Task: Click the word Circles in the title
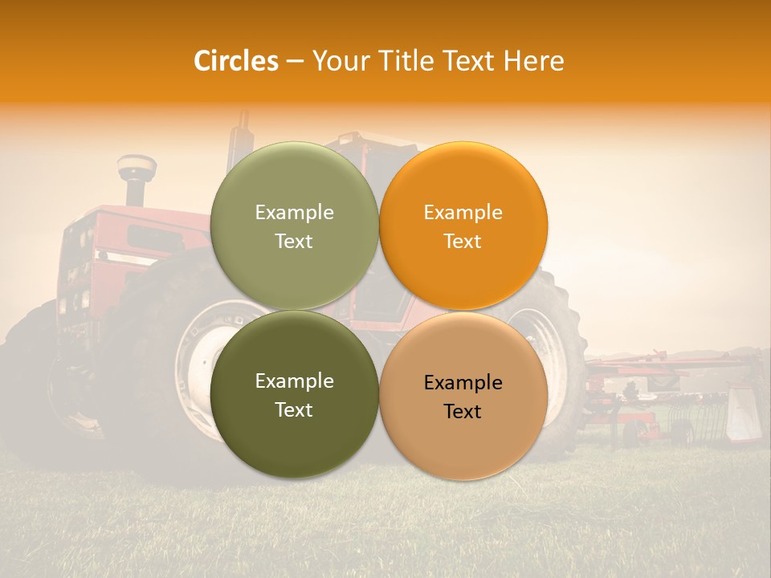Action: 235,61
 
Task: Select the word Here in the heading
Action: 534,61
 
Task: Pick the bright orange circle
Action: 463,185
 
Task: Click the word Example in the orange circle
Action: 463,213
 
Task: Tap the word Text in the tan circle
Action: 463,412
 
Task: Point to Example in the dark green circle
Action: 294,381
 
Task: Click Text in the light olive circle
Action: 294,242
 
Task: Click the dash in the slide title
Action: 295,61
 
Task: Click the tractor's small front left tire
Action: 32,377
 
